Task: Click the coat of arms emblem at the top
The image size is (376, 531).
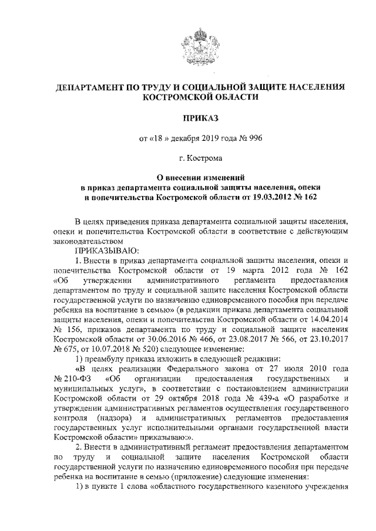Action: [x=199, y=50]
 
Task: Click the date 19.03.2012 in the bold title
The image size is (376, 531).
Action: [x=276, y=198]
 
